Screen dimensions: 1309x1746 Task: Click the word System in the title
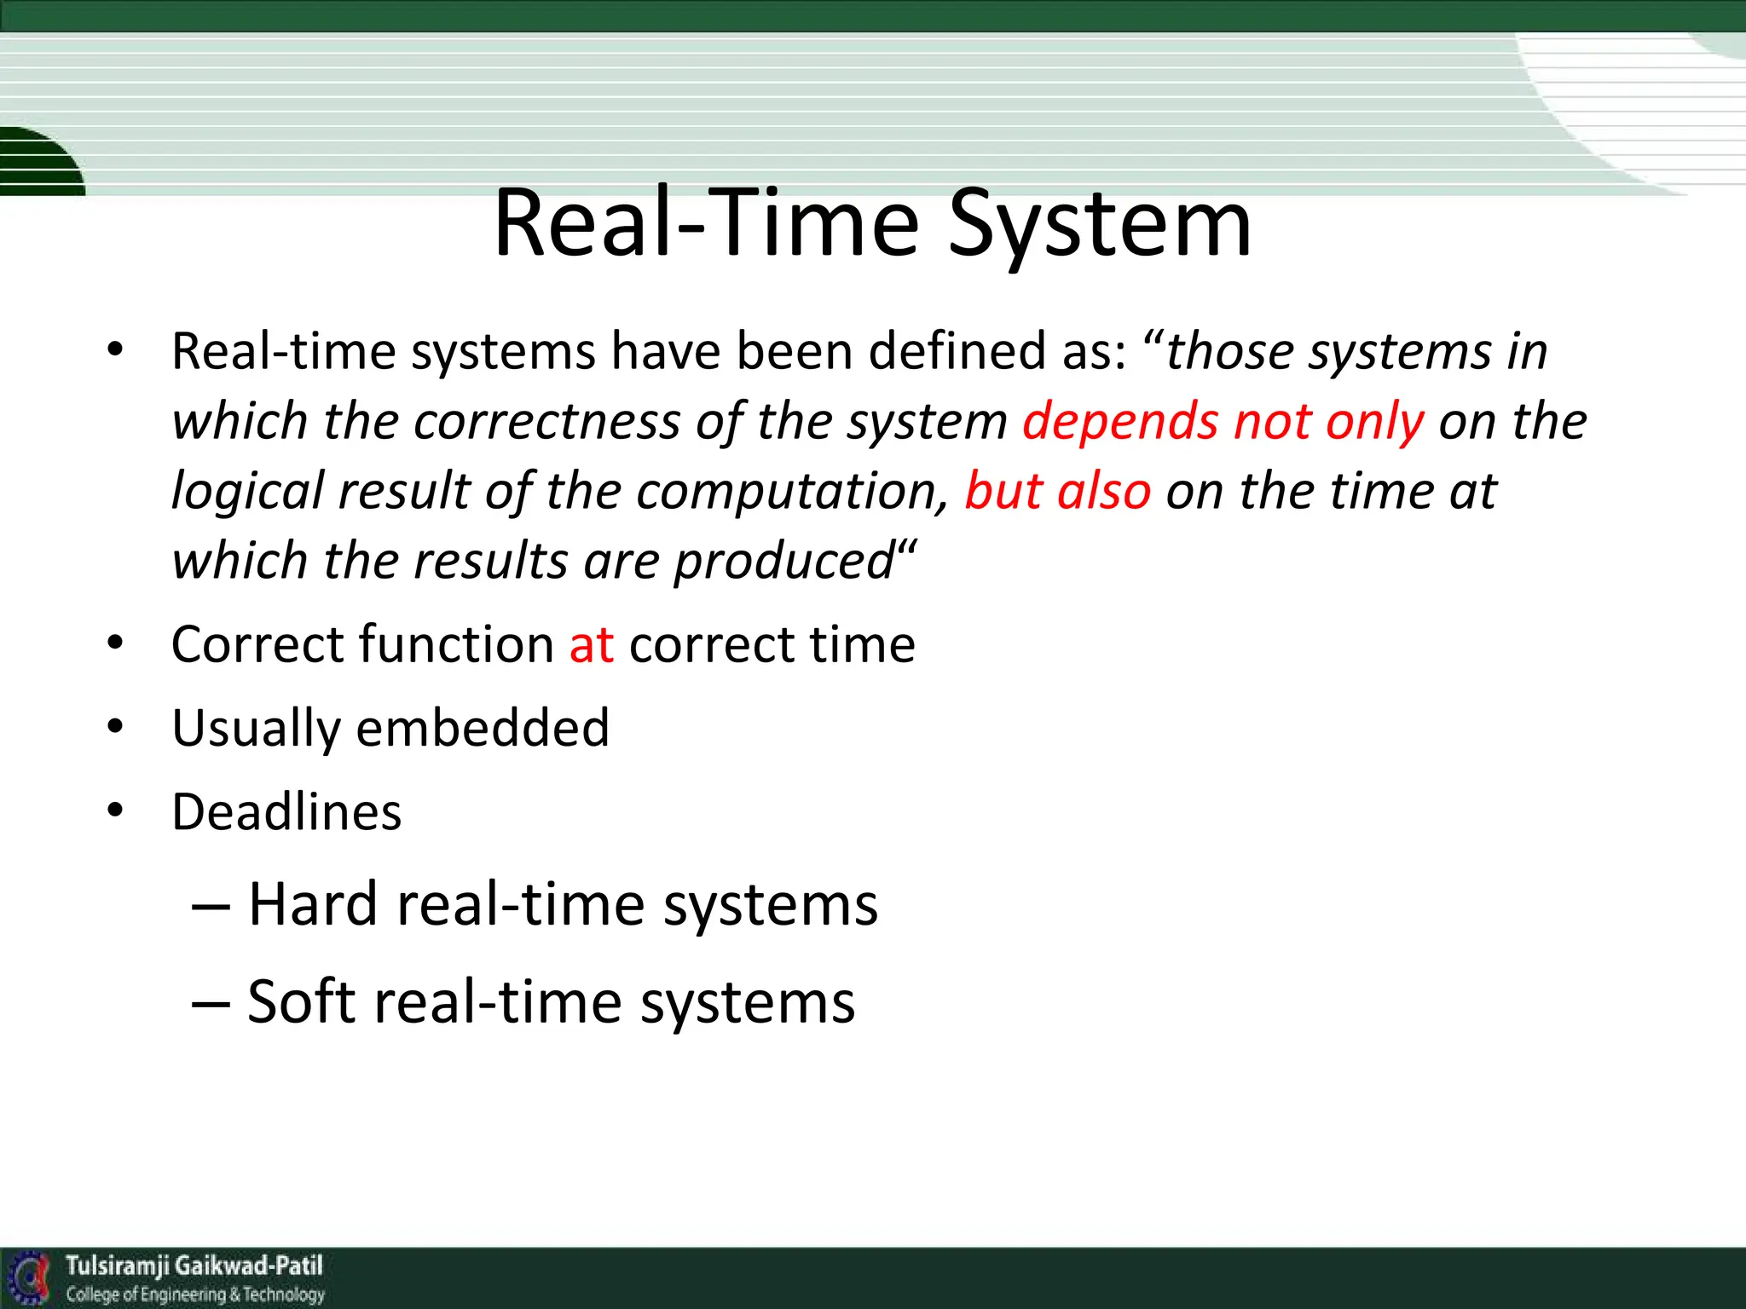coord(1099,224)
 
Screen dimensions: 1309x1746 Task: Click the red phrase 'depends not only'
coord(1223,422)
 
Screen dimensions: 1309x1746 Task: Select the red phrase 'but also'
coord(1057,492)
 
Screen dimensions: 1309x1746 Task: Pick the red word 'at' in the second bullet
coord(591,644)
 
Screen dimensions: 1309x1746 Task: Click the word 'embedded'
coord(483,729)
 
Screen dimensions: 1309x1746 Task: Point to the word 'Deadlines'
coord(286,812)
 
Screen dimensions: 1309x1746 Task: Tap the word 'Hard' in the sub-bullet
coord(312,904)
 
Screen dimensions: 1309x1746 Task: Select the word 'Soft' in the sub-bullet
coord(300,1002)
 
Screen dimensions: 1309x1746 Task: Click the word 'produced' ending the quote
coord(783,562)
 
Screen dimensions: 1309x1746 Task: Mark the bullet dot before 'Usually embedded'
coord(116,727)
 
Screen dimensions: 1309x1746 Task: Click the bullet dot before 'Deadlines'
coord(116,810)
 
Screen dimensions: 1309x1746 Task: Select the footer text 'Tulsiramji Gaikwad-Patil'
coord(194,1266)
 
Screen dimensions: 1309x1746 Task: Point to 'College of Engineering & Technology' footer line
coord(195,1295)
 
